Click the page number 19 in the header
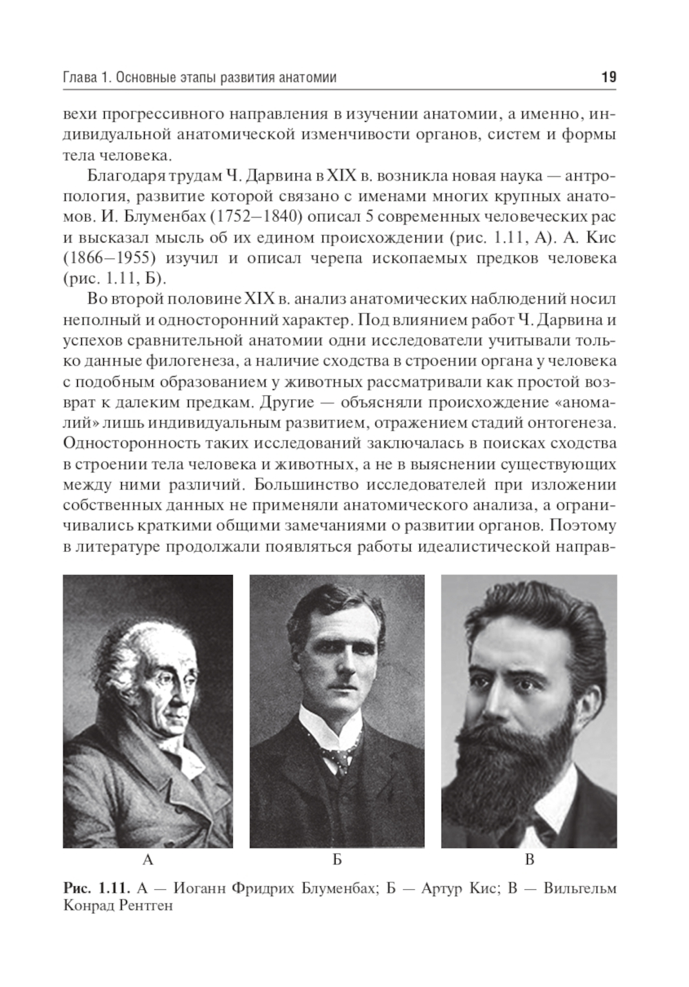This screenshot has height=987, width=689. click(608, 77)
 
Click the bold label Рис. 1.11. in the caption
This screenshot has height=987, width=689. click(96, 888)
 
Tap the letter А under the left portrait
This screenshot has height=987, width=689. click(147, 860)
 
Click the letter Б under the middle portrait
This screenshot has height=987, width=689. click(337, 860)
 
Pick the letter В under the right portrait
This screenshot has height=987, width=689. click(529, 860)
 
